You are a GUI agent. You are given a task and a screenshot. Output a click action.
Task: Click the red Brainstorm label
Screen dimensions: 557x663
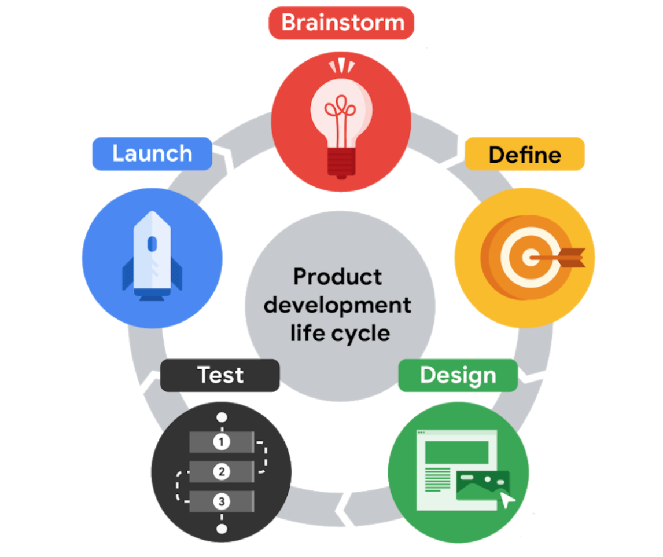coord(342,23)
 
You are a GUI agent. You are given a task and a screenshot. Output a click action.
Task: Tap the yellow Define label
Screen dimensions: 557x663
coord(524,154)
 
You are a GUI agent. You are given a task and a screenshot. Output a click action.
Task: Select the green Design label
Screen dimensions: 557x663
coord(458,375)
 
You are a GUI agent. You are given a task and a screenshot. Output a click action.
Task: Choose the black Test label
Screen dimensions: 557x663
coord(220,375)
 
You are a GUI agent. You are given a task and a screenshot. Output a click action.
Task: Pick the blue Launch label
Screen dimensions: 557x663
coord(152,153)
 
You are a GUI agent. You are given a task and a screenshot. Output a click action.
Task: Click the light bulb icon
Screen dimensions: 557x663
coord(341,122)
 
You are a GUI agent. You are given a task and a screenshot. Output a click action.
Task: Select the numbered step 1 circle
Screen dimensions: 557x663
coord(221,442)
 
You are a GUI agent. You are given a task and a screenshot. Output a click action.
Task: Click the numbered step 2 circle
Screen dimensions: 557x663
coord(221,472)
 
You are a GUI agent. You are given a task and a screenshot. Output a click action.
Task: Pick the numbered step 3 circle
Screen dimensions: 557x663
coord(221,500)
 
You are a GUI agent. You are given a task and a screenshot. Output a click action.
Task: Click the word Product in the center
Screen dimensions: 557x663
coord(337,276)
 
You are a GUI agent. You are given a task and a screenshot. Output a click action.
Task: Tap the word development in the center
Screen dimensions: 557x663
coord(337,305)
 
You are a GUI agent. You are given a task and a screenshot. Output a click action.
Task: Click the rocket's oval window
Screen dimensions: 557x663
coord(152,244)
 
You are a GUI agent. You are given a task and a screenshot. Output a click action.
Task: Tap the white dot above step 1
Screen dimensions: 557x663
coord(221,417)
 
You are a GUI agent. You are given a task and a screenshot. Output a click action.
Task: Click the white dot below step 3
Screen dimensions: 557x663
coord(221,528)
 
